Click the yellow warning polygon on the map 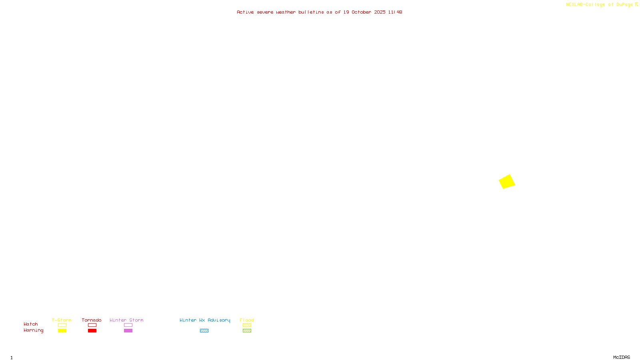coord(507,181)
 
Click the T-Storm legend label coord(62,320)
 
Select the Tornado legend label coord(92,320)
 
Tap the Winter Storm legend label coord(126,320)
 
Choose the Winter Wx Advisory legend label coord(205,320)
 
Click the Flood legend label coord(247,320)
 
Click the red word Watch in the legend coord(31,324)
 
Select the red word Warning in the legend coord(33,330)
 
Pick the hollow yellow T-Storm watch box coord(62,325)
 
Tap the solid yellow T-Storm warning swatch coord(62,331)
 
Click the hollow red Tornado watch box coord(92,325)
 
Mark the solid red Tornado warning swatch coord(92,331)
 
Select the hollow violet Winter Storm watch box coord(128,325)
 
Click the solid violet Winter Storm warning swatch coord(128,331)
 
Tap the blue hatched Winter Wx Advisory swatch coord(204,331)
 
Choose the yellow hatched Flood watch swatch coord(247,325)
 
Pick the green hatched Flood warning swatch coord(247,331)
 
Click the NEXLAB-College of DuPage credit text coord(599,5)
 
